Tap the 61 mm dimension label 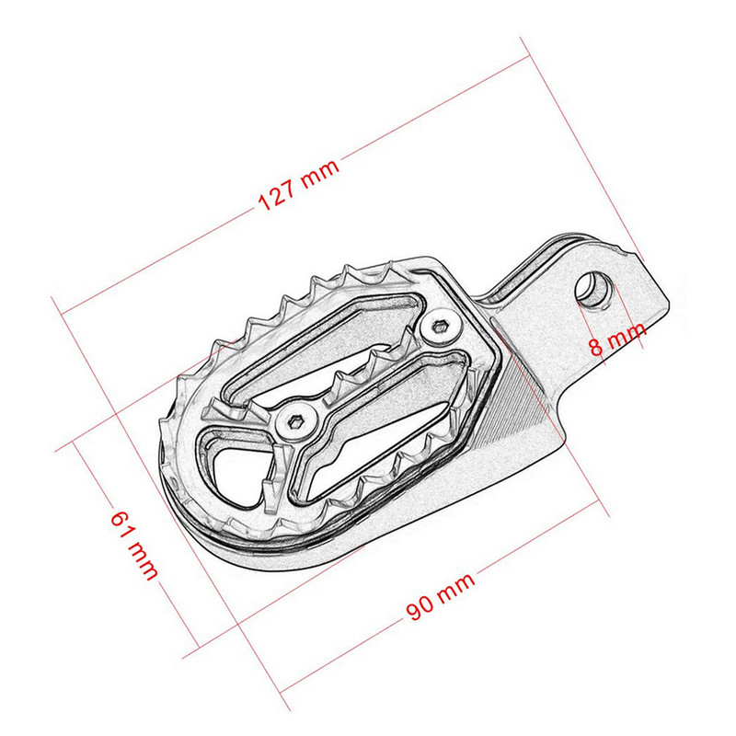pos(133,544)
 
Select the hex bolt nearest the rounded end pos(299,420)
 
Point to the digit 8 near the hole pos(596,348)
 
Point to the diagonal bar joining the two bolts pos(368,373)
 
